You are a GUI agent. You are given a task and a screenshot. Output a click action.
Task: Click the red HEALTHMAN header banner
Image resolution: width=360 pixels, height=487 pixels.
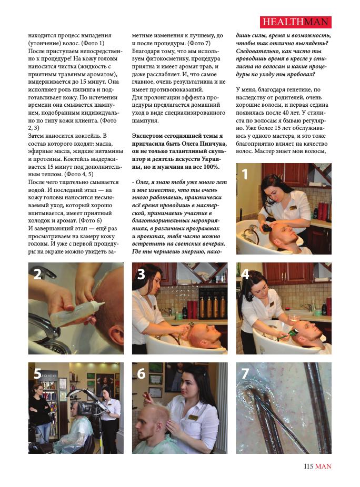[296, 22]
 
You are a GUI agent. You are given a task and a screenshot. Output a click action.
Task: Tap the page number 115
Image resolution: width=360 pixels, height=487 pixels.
[308, 466]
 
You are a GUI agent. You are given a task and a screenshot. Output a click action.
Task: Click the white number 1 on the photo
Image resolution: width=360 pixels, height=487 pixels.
[245, 174]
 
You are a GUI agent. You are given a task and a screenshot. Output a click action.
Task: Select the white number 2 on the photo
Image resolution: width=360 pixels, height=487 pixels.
[37, 274]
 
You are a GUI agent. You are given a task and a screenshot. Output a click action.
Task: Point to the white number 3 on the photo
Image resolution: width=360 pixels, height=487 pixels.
[142, 274]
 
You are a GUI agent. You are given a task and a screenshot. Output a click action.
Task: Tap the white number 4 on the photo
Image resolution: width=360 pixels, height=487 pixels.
[245, 274]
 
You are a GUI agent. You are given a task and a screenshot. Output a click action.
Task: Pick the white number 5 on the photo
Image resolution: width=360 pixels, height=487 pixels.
[37, 373]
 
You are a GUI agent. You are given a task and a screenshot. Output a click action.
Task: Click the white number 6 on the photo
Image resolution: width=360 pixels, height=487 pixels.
[142, 373]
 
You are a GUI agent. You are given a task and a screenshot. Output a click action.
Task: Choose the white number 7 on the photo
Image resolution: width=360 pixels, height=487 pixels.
[245, 373]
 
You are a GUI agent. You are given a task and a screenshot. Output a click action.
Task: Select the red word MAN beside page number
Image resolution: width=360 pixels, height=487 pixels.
[323, 466]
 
